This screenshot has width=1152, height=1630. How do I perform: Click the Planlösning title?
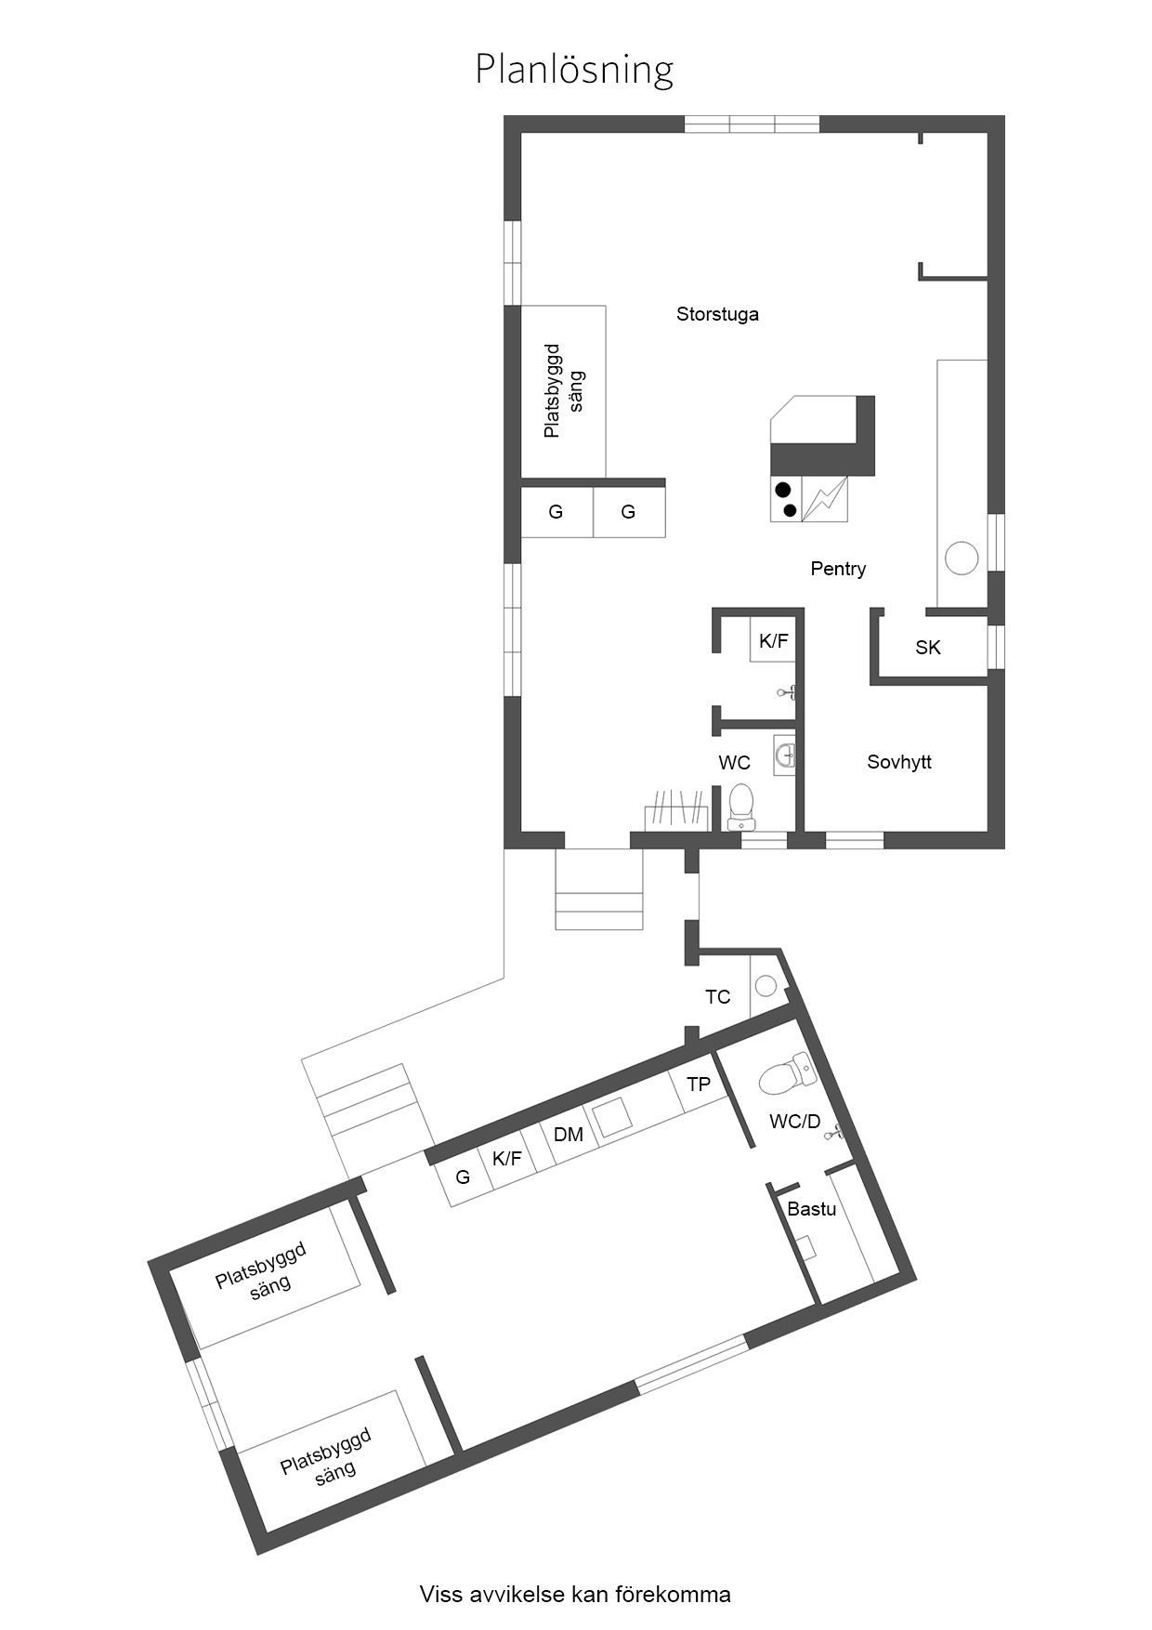point(574,70)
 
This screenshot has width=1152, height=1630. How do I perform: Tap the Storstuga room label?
point(717,314)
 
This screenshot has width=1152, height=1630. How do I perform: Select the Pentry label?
point(838,569)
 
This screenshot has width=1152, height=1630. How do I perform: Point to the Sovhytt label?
point(899,762)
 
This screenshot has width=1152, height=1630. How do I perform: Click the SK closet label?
point(928,648)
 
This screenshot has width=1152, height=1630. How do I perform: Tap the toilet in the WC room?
point(741,806)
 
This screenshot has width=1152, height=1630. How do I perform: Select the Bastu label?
point(811,1209)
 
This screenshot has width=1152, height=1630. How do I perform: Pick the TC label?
point(717,997)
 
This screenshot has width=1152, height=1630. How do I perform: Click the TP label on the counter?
point(699,1084)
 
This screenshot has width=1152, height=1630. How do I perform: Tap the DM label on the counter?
point(568,1135)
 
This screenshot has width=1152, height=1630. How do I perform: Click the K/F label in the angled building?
point(507,1158)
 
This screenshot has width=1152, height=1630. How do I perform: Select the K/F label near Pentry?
point(773,640)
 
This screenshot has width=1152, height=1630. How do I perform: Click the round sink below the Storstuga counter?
point(962,559)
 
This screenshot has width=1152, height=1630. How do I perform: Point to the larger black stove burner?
point(783,490)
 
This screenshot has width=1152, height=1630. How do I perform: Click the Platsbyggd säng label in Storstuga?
point(564,390)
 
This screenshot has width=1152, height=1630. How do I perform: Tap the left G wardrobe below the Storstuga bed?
point(556,512)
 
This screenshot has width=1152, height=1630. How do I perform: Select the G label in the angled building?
point(463,1177)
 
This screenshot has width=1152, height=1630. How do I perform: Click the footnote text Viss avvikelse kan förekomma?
point(575,1595)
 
